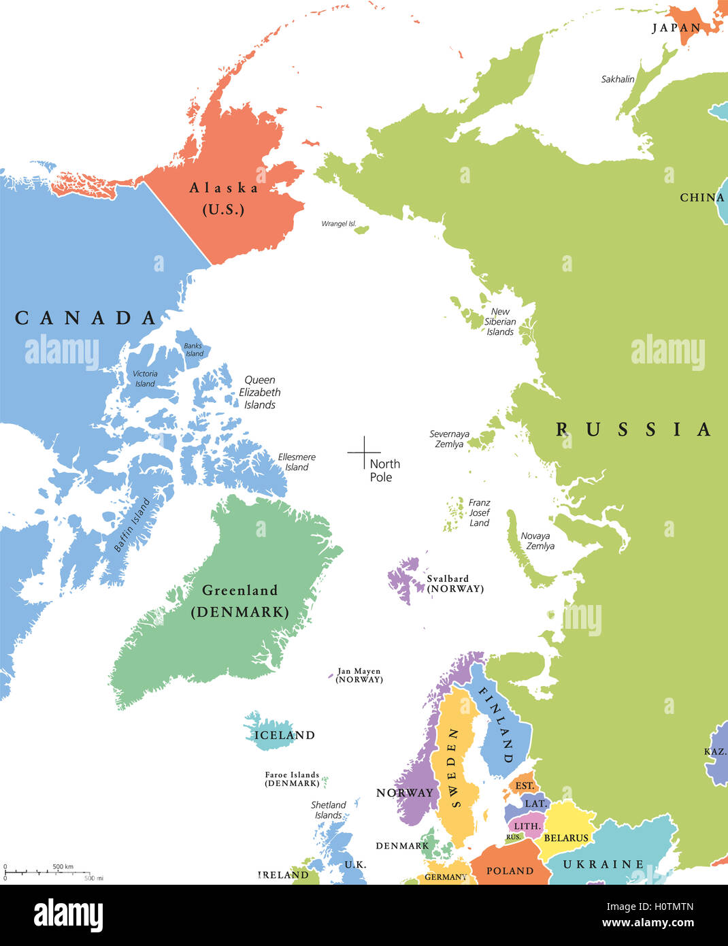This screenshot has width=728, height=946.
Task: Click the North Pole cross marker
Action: (x=364, y=452)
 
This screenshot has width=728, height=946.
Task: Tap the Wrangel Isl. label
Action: (x=339, y=224)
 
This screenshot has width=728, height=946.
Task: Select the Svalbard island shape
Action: (x=404, y=579)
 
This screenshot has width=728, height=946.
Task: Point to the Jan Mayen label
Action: (x=359, y=675)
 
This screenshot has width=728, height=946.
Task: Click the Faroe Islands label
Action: (x=292, y=779)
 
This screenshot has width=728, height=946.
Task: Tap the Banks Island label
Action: (x=194, y=350)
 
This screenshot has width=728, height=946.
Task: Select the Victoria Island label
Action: (x=145, y=378)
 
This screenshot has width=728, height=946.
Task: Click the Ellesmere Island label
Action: (x=297, y=462)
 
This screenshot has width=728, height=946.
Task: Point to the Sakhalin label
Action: (x=617, y=80)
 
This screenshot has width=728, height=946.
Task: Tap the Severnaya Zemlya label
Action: (x=449, y=439)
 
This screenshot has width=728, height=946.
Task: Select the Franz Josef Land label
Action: (x=479, y=512)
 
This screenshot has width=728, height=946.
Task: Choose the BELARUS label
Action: (x=565, y=838)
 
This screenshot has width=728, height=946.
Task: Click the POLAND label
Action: (x=510, y=870)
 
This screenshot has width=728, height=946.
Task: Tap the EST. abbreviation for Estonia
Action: (x=525, y=786)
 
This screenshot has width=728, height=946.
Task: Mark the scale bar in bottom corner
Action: (x=48, y=872)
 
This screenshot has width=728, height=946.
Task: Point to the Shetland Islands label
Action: (x=329, y=810)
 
